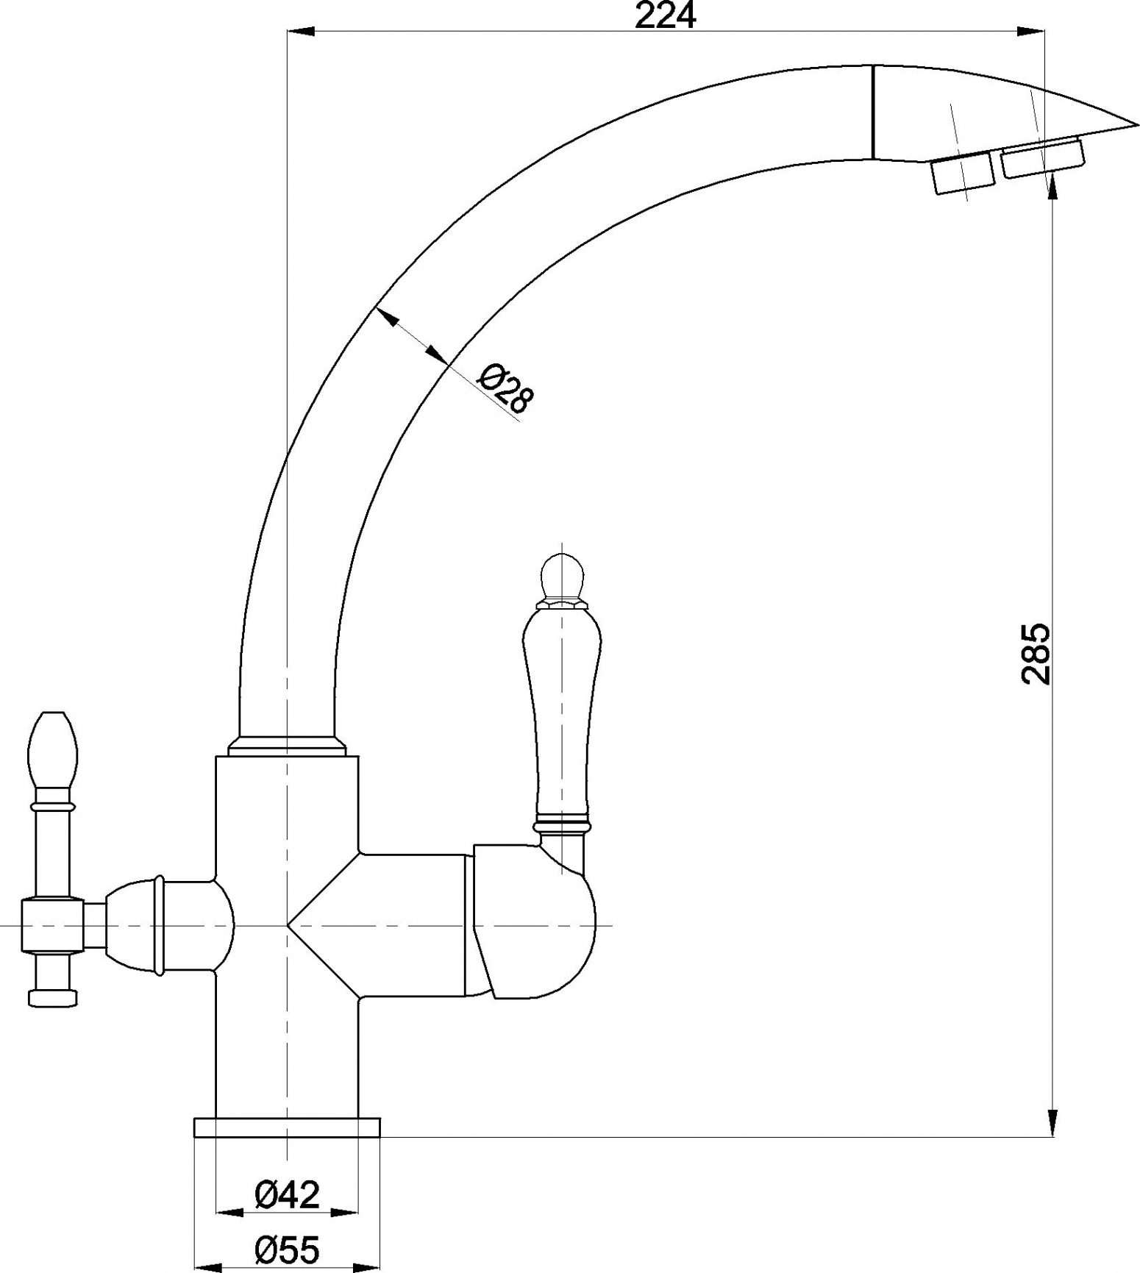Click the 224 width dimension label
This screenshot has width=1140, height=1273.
coord(665,15)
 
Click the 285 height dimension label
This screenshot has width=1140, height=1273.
coord(1036,654)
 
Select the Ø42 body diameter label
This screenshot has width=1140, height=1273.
coord(288,1194)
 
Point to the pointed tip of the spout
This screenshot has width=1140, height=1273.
coord(1137,124)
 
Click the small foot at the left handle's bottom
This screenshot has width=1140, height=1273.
coord(51,997)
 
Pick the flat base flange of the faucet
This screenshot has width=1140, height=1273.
coord(287,1127)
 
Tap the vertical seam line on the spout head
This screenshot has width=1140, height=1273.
coord(873,112)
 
